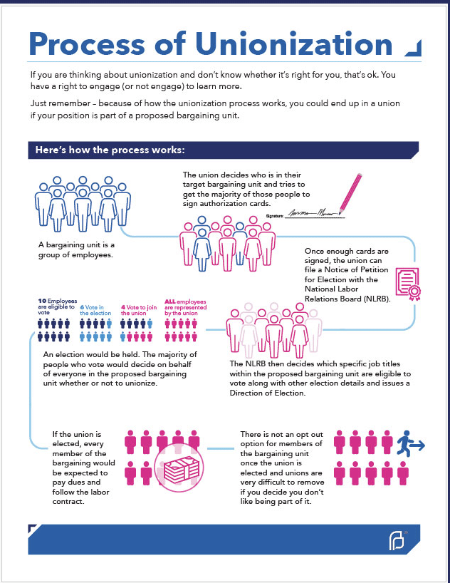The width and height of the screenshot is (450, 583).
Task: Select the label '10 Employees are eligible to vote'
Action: point(53,306)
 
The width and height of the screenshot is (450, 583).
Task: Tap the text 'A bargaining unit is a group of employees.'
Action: point(75,249)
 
